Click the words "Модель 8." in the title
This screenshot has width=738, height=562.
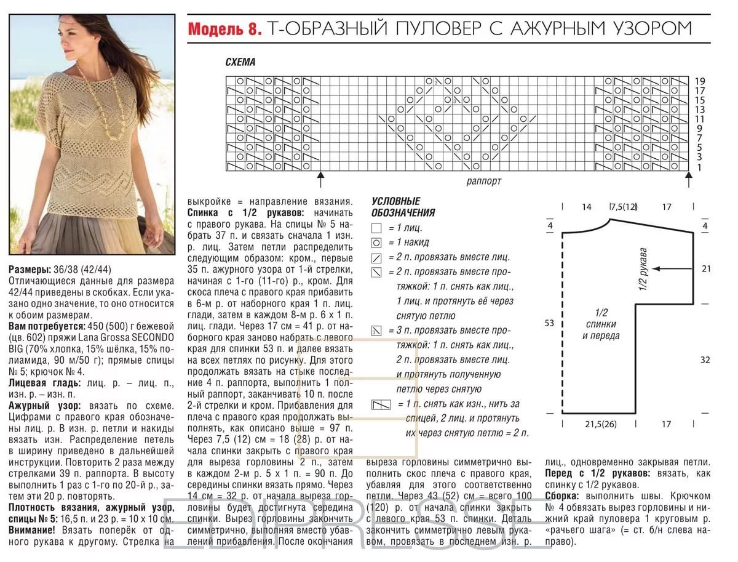click(225, 28)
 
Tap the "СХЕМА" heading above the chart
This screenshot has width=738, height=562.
click(240, 62)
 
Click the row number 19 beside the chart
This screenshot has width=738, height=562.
click(700, 81)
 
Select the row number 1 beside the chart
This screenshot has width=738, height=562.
click(700, 167)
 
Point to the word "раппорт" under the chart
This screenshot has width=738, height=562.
click(483, 181)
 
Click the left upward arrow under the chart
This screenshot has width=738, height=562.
click(320, 179)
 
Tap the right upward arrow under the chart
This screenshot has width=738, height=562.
click(689, 179)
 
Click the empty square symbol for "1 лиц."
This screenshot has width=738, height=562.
click(376, 228)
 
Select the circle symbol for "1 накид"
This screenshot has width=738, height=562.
click(376, 243)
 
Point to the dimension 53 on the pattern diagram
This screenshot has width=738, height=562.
click(549, 322)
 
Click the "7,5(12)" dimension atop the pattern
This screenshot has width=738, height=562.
click(623, 207)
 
